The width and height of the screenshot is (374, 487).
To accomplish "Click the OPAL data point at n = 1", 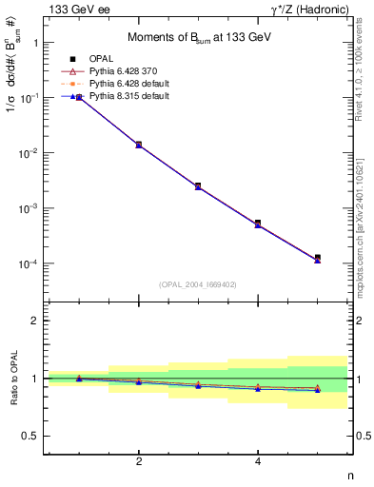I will [79, 97].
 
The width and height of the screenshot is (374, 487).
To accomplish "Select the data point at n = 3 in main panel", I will [198, 185].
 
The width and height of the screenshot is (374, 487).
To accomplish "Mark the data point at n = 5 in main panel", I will [317, 258].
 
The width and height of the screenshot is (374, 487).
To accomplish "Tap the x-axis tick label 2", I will [139, 461].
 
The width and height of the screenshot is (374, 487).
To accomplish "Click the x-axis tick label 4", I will [258, 461].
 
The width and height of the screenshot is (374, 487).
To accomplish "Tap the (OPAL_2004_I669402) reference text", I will [197, 283].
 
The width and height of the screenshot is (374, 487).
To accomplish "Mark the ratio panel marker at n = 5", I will [317, 389].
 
